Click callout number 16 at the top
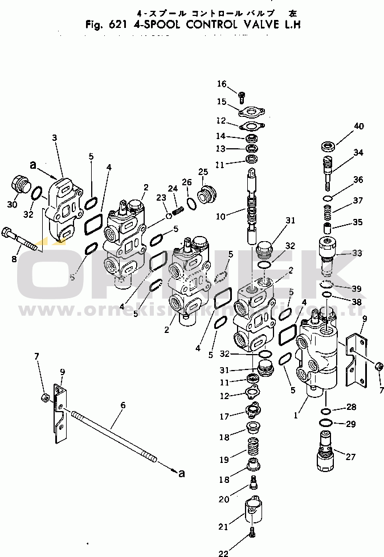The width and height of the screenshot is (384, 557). [221, 84]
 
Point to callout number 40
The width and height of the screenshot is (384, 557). [358, 126]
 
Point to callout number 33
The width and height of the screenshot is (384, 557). [357, 253]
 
